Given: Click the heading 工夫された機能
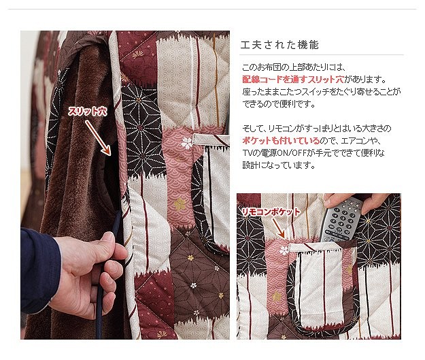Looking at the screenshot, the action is pyautogui.click(x=279, y=45).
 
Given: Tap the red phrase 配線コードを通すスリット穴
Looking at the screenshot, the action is pyautogui.click(x=293, y=79).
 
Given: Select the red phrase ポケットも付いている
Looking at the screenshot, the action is pyautogui.click(x=281, y=140).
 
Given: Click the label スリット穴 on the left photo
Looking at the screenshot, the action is pyautogui.click(x=87, y=111).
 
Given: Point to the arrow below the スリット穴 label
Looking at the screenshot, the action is pyautogui.click(x=98, y=138).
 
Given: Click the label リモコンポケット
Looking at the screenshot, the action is pyautogui.click(x=271, y=212).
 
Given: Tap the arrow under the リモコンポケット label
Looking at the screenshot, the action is pyautogui.click(x=278, y=228).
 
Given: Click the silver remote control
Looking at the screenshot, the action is pyautogui.click(x=340, y=219).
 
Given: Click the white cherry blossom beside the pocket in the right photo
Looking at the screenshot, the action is pyautogui.click(x=284, y=250).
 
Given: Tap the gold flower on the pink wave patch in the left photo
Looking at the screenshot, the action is pyautogui.click(x=179, y=203).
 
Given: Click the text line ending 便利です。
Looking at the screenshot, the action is pyautogui.click(x=279, y=103).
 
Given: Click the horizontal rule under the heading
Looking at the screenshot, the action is pyautogui.click(x=322, y=55).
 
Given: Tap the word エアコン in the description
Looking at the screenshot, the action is pyautogui.click(x=358, y=141).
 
